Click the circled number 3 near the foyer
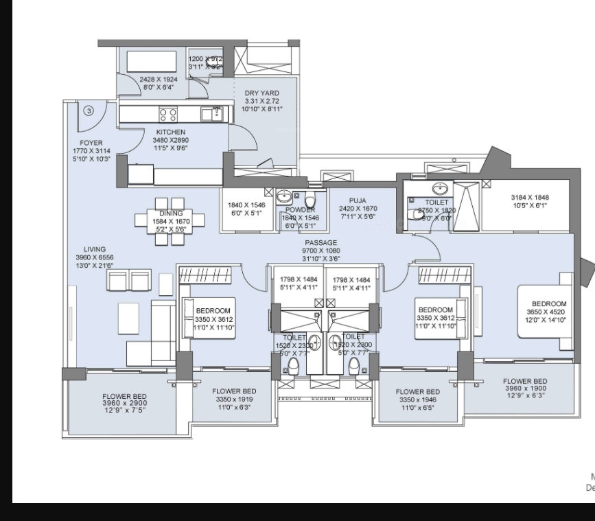[x=89, y=110]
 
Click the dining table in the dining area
[x=171, y=218]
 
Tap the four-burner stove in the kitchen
[x=169, y=113]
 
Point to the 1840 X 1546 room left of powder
[x=246, y=209]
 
